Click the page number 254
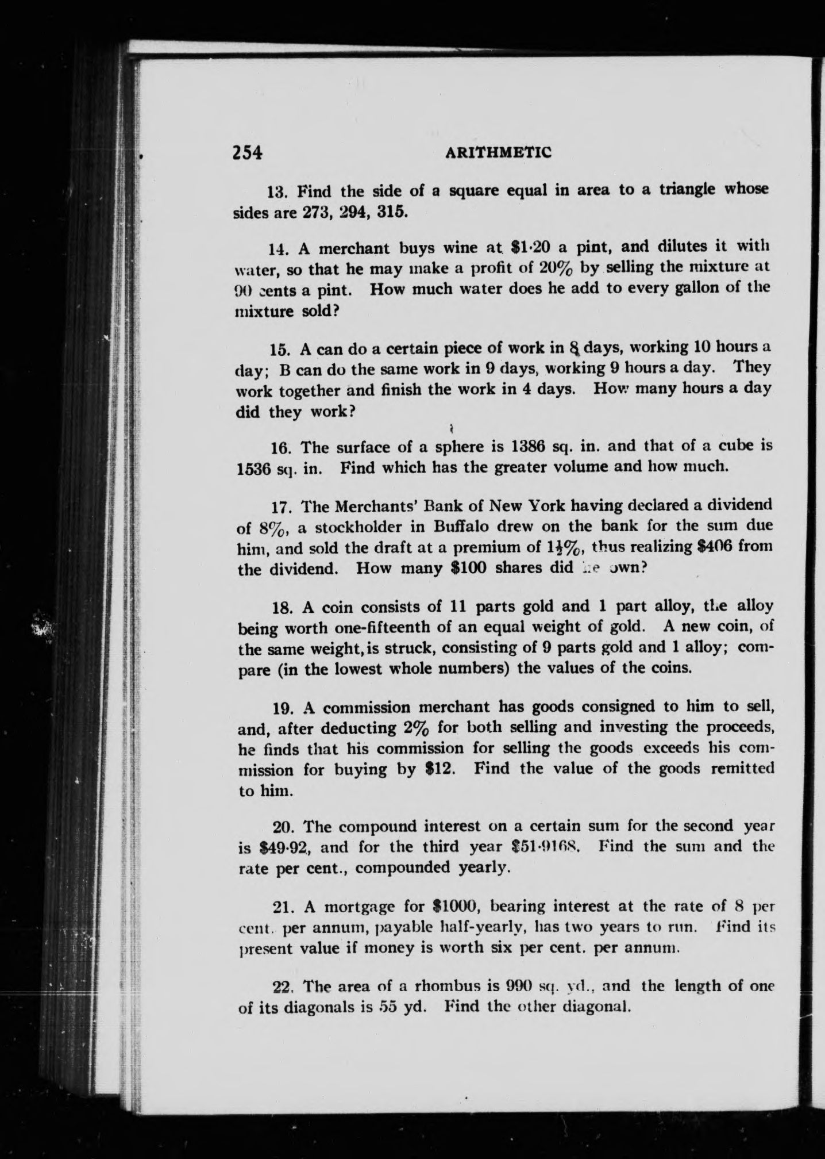[x=247, y=152]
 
